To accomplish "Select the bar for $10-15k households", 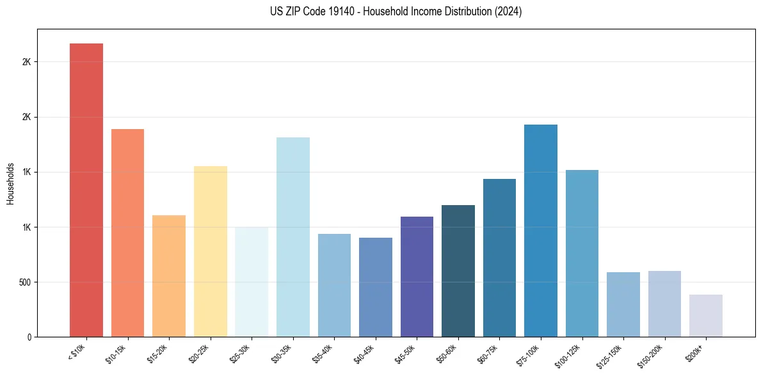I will pyautogui.click(x=127, y=233).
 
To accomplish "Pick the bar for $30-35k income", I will pyautogui.click(x=292, y=237).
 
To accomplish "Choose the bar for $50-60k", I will pyautogui.click(x=458, y=271).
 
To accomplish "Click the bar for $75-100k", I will pyautogui.click(x=540, y=231).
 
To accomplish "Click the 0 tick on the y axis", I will pyautogui.click(x=28, y=337).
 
